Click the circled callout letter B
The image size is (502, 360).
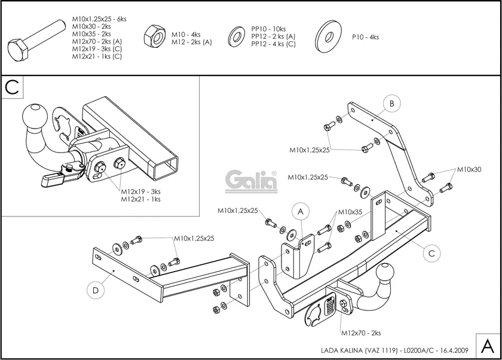391,103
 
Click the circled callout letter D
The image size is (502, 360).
96,291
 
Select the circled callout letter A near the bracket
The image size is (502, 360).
301,211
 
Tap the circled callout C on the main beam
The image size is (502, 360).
431,253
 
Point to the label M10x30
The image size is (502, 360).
469,170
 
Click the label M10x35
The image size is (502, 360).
350,212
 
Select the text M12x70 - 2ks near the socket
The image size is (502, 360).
361,332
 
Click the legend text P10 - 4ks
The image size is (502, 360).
366,37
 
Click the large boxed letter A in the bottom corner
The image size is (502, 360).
488,346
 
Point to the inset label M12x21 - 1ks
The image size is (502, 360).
140,199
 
